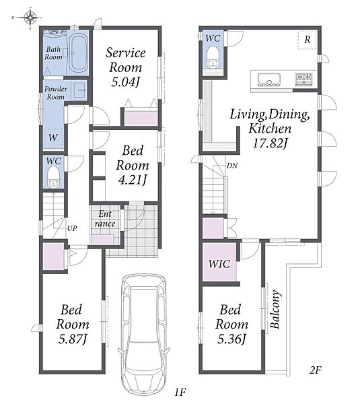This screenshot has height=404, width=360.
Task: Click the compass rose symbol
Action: point(31,18)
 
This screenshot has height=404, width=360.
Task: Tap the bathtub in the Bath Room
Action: point(78,53)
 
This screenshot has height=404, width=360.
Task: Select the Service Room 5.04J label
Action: point(125,67)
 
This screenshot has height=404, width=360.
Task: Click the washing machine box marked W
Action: point(52,138)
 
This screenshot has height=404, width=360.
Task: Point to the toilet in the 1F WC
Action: point(54,177)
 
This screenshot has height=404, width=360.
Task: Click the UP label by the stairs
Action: point(72,228)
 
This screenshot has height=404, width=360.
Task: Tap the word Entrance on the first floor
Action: point(105,218)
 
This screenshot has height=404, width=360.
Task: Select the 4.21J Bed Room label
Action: point(133,165)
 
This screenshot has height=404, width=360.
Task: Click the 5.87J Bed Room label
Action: point(73,324)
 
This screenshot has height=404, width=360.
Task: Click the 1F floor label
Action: point(180,392)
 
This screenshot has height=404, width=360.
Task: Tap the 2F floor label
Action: point(315,370)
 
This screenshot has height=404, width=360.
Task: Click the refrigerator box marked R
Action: point(308,40)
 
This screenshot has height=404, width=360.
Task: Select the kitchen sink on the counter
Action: point(269,80)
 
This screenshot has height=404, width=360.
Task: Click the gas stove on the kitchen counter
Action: point(304,79)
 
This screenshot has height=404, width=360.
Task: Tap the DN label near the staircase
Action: point(232,166)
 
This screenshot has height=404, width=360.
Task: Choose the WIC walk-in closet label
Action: point(219,264)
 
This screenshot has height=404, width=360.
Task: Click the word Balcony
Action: point(275,310)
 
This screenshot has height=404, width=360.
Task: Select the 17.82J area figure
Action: point(270,143)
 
